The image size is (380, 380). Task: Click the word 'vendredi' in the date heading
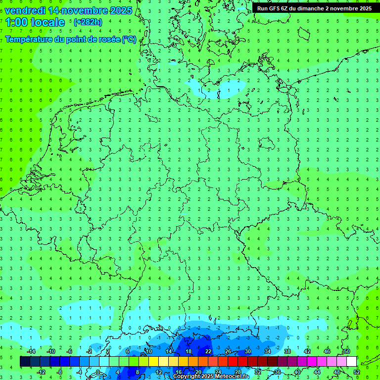click(25, 10)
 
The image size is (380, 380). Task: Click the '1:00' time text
click(16, 22)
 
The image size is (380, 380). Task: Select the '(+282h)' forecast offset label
click(88, 22)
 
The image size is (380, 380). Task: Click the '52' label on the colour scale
click(357, 372)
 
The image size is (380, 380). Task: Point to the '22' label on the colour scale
click(208, 351)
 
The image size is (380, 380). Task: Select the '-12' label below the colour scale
click(41, 372)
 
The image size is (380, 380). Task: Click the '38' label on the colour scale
click(287, 351)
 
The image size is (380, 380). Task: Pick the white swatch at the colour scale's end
click(352, 362)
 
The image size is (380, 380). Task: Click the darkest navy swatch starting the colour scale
click(25, 362)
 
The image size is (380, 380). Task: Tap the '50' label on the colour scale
click(347, 351)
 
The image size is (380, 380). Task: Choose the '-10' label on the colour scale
click(50, 351)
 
